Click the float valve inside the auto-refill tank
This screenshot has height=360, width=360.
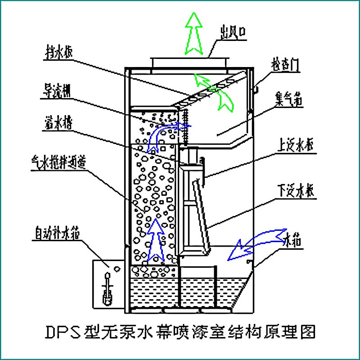click(x=108, y=288)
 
